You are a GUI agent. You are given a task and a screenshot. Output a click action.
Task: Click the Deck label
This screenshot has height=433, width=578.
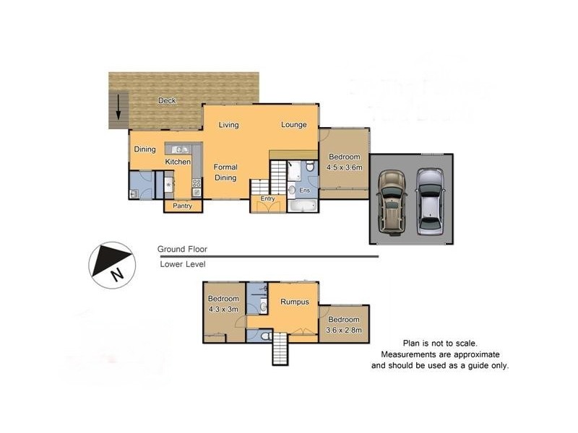(167, 100)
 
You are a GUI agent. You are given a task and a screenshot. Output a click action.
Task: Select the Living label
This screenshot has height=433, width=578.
(229, 125)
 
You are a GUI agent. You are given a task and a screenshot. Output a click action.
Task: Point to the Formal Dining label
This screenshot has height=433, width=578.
(225, 172)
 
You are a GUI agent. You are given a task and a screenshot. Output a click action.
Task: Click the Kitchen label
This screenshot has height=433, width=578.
(178, 162)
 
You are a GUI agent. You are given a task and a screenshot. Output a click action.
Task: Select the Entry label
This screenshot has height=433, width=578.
(268, 198)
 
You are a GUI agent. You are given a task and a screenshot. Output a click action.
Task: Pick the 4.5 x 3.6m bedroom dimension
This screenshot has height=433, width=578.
(344, 167)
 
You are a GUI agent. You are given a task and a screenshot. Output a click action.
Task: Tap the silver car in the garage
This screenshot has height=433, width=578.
(431, 202)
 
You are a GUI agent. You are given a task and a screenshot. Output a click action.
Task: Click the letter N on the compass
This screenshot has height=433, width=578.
(116, 274)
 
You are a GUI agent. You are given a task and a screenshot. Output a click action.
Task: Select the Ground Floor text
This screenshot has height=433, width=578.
(182, 249)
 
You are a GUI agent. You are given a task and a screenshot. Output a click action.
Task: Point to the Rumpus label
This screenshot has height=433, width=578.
(295, 302)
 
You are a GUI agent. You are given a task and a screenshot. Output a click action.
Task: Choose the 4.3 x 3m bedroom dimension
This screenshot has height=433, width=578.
(223, 309)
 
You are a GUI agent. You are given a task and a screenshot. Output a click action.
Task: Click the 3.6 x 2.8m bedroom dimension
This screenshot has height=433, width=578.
(344, 330)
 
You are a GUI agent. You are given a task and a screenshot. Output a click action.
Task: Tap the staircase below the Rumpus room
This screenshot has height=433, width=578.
(280, 351)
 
